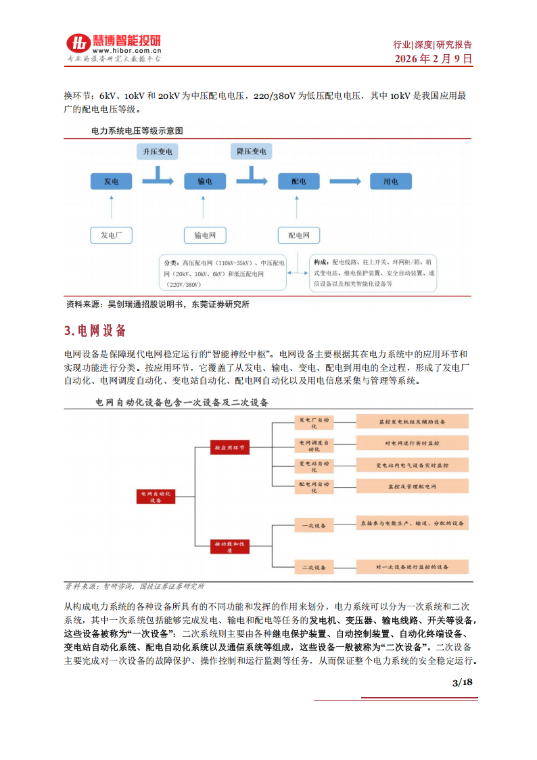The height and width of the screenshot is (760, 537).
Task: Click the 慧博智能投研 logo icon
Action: [x=78, y=43]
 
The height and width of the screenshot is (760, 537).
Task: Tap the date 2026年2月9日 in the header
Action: [x=433, y=59]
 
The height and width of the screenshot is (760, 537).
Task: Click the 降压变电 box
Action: [x=252, y=151]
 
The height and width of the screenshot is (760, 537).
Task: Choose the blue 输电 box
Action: [x=204, y=181]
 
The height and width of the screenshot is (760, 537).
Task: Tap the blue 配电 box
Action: [x=298, y=181]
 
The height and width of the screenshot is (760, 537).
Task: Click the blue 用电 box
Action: [x=391, y=181]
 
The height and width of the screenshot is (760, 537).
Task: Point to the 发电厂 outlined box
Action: [x=111, y=235]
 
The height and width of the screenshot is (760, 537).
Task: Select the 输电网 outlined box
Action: [x=204, y=235]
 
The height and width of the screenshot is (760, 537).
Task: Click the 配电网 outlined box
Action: [x=298, y=235]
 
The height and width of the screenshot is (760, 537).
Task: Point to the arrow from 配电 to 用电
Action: [x=344, y=181]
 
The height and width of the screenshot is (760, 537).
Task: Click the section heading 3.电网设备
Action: [x=95, y=331]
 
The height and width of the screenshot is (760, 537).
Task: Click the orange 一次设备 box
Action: [x=314, y=525]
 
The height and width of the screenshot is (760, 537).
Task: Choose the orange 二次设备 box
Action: [x=314, y=567]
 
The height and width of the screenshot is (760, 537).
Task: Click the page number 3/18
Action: [x=462, y=682]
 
